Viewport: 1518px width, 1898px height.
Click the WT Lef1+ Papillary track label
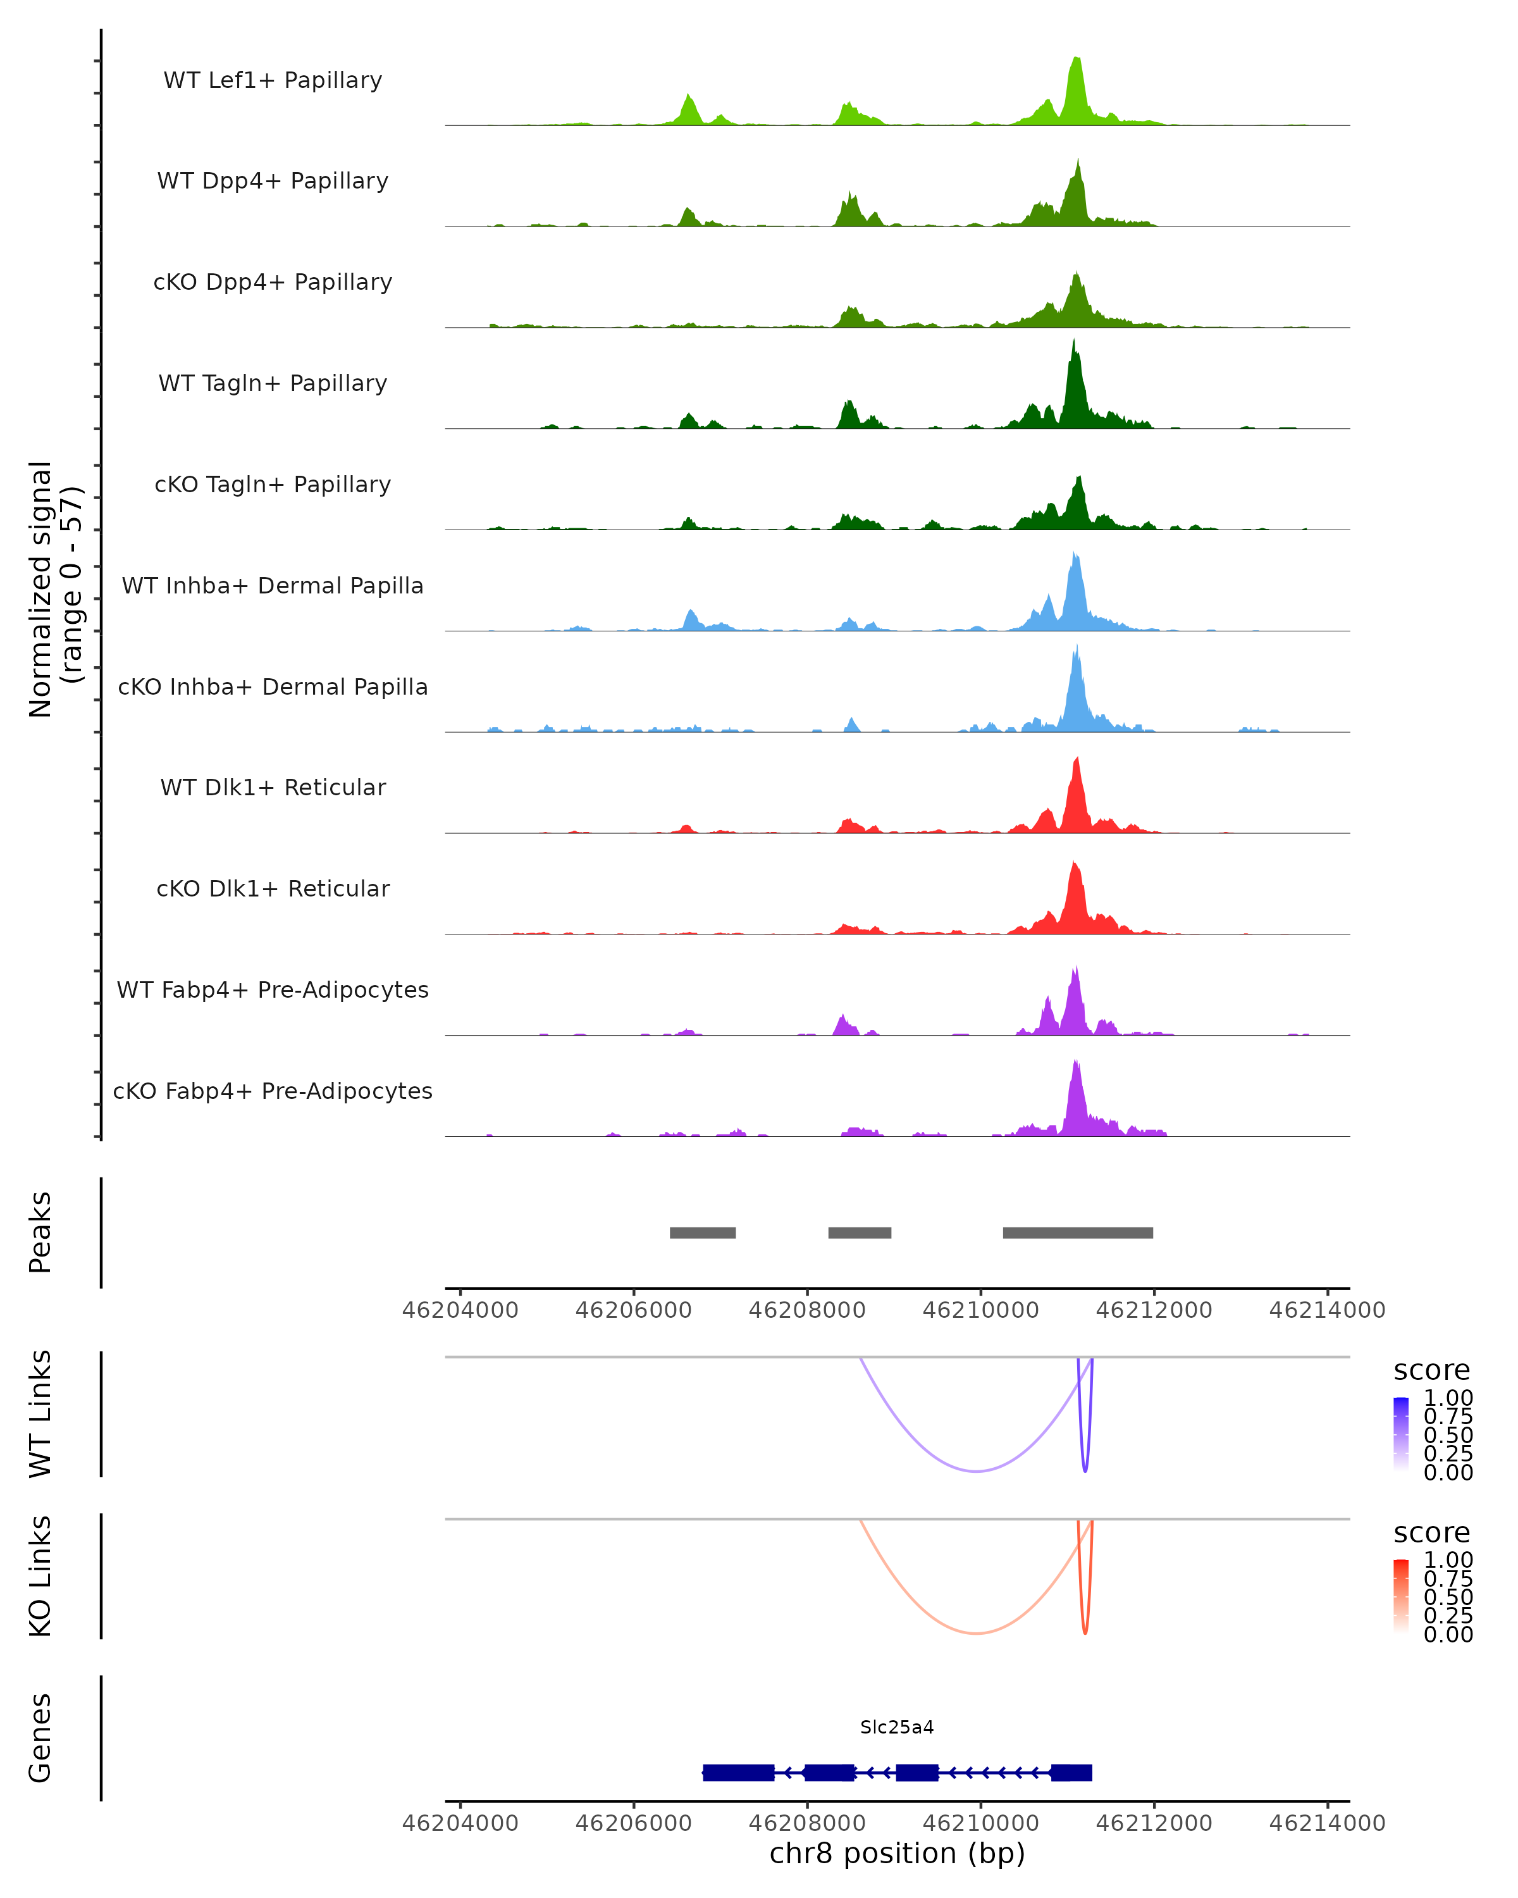pyautogui.click(x=273, y=80)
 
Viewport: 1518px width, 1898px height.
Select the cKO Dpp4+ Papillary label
pyautogui.click(x=273, y=283)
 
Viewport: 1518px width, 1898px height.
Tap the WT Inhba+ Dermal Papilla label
pyautogui.click(x=273, y=586)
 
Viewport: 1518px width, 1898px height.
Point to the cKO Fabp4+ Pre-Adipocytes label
pyautogui.click(x=273, y=1091)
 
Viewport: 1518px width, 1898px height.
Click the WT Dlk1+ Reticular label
pyautogui.click(x=273, y=788)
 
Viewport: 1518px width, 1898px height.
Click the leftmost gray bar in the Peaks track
pyautogui.click(x=702, y=1233)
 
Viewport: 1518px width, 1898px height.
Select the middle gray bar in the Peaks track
pyautogui.click(x=860, y=1233)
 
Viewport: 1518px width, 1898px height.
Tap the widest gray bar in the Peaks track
pyautogui.click(x=1078, y=1233)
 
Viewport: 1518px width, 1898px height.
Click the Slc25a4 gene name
pyautogui.click(x=897, y=1728)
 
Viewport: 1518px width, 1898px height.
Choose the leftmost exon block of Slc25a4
pyautogui.click(x=738, y=1773)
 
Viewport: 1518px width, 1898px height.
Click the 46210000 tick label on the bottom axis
pyautogui.click(x=980, y=1823)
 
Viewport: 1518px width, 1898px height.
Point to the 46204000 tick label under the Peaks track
pyautogui.click(x=460, y=1311)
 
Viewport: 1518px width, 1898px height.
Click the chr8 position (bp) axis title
pyautogui.click(x=897, y=1854)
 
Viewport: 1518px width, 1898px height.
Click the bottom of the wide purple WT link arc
pyautogui.click(x=977, y=1471)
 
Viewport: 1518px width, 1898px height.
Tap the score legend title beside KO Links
pyautogui.click(x=1432, y=1533)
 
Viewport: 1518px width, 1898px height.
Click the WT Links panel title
pyautogui.click(x=40, y=1414)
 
